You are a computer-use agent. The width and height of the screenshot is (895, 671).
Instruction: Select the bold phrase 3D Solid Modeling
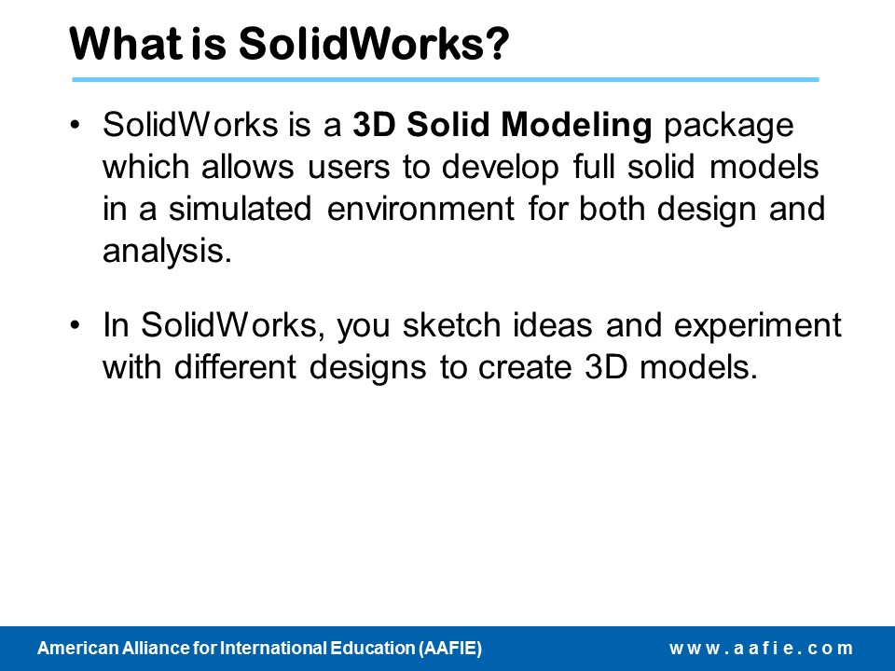[503, 126]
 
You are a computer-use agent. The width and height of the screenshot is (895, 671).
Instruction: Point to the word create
[541, 367]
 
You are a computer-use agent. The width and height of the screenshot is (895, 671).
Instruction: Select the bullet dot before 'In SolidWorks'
[76, 326]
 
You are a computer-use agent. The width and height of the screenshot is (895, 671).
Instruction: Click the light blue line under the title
[445, 80]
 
